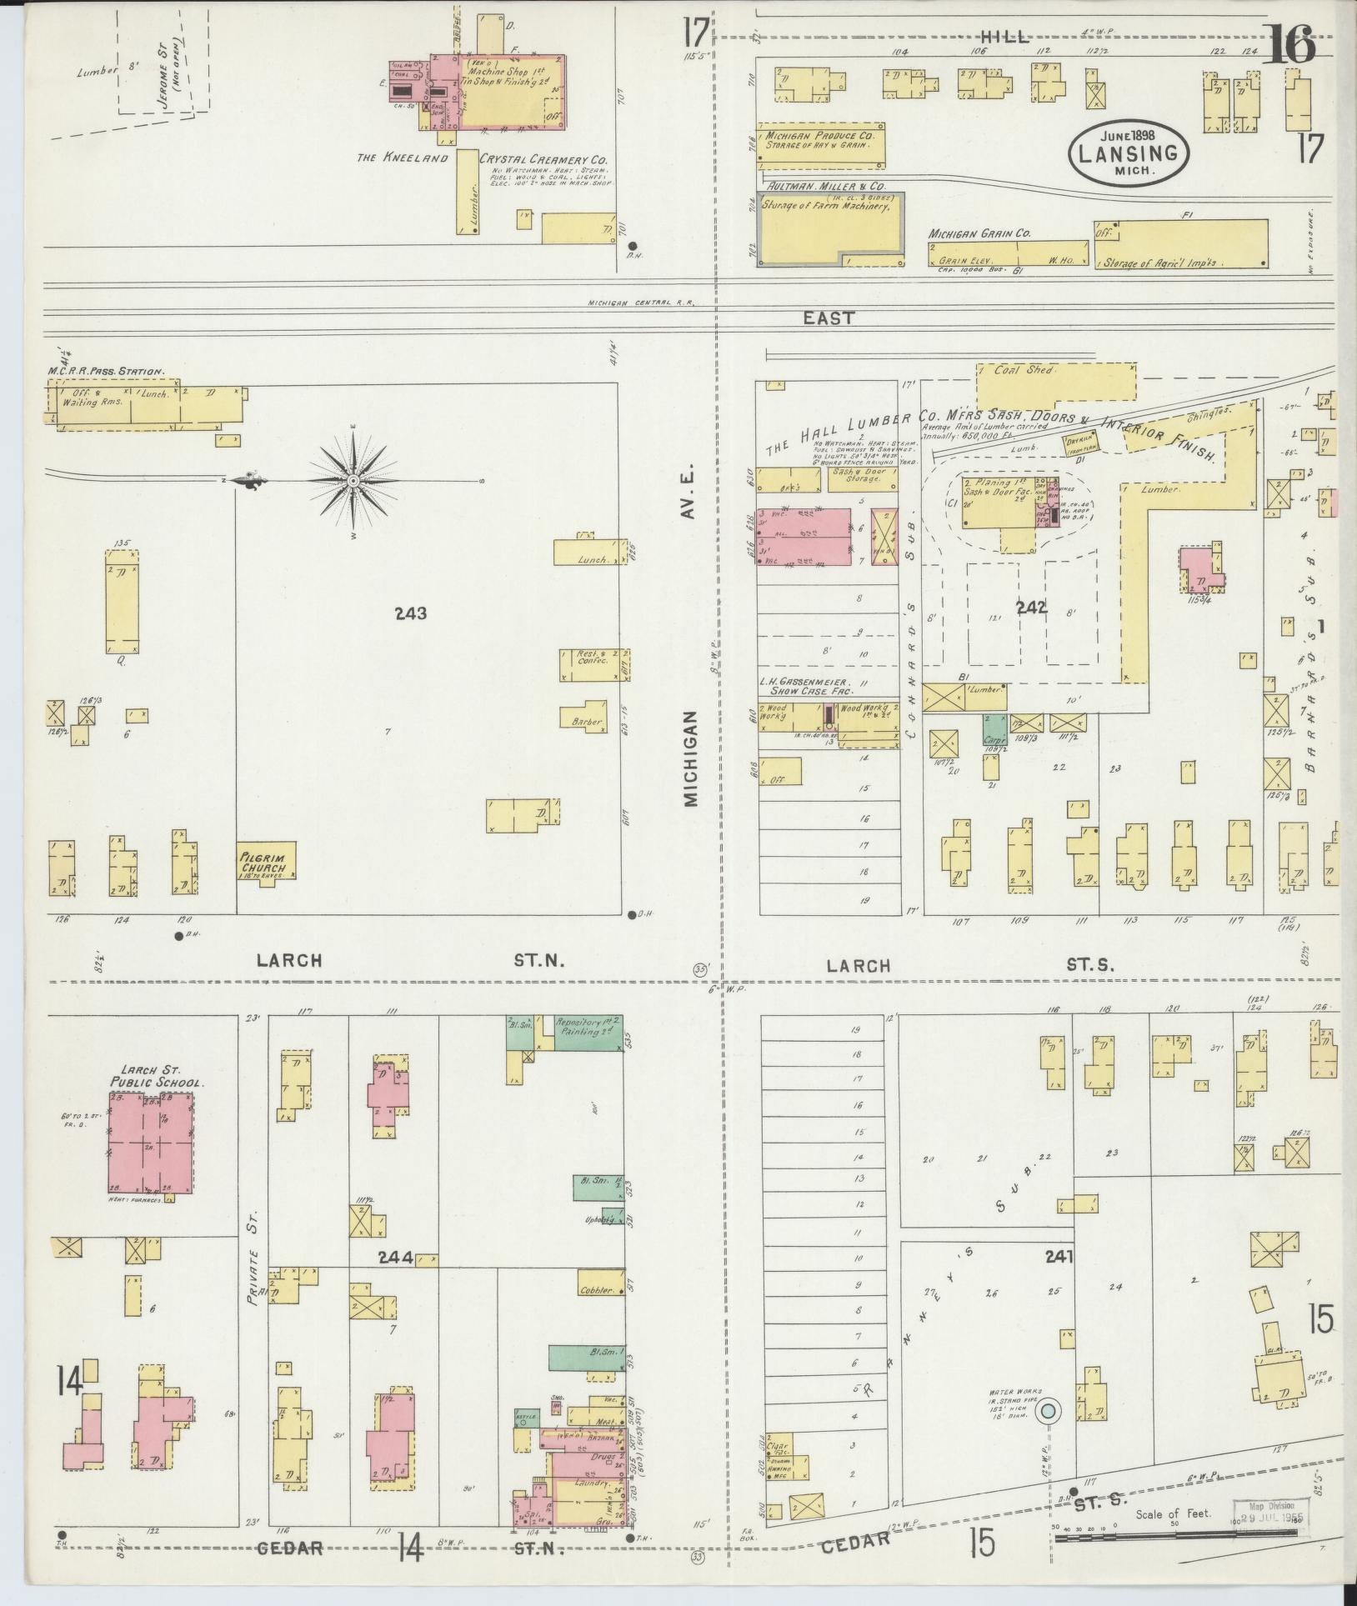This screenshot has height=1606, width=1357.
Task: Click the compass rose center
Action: pos(354,481)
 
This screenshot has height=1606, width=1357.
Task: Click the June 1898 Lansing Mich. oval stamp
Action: pos(1129,153)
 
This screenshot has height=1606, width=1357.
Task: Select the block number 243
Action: pos(411,613)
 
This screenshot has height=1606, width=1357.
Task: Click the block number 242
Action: pos(1031,608)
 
